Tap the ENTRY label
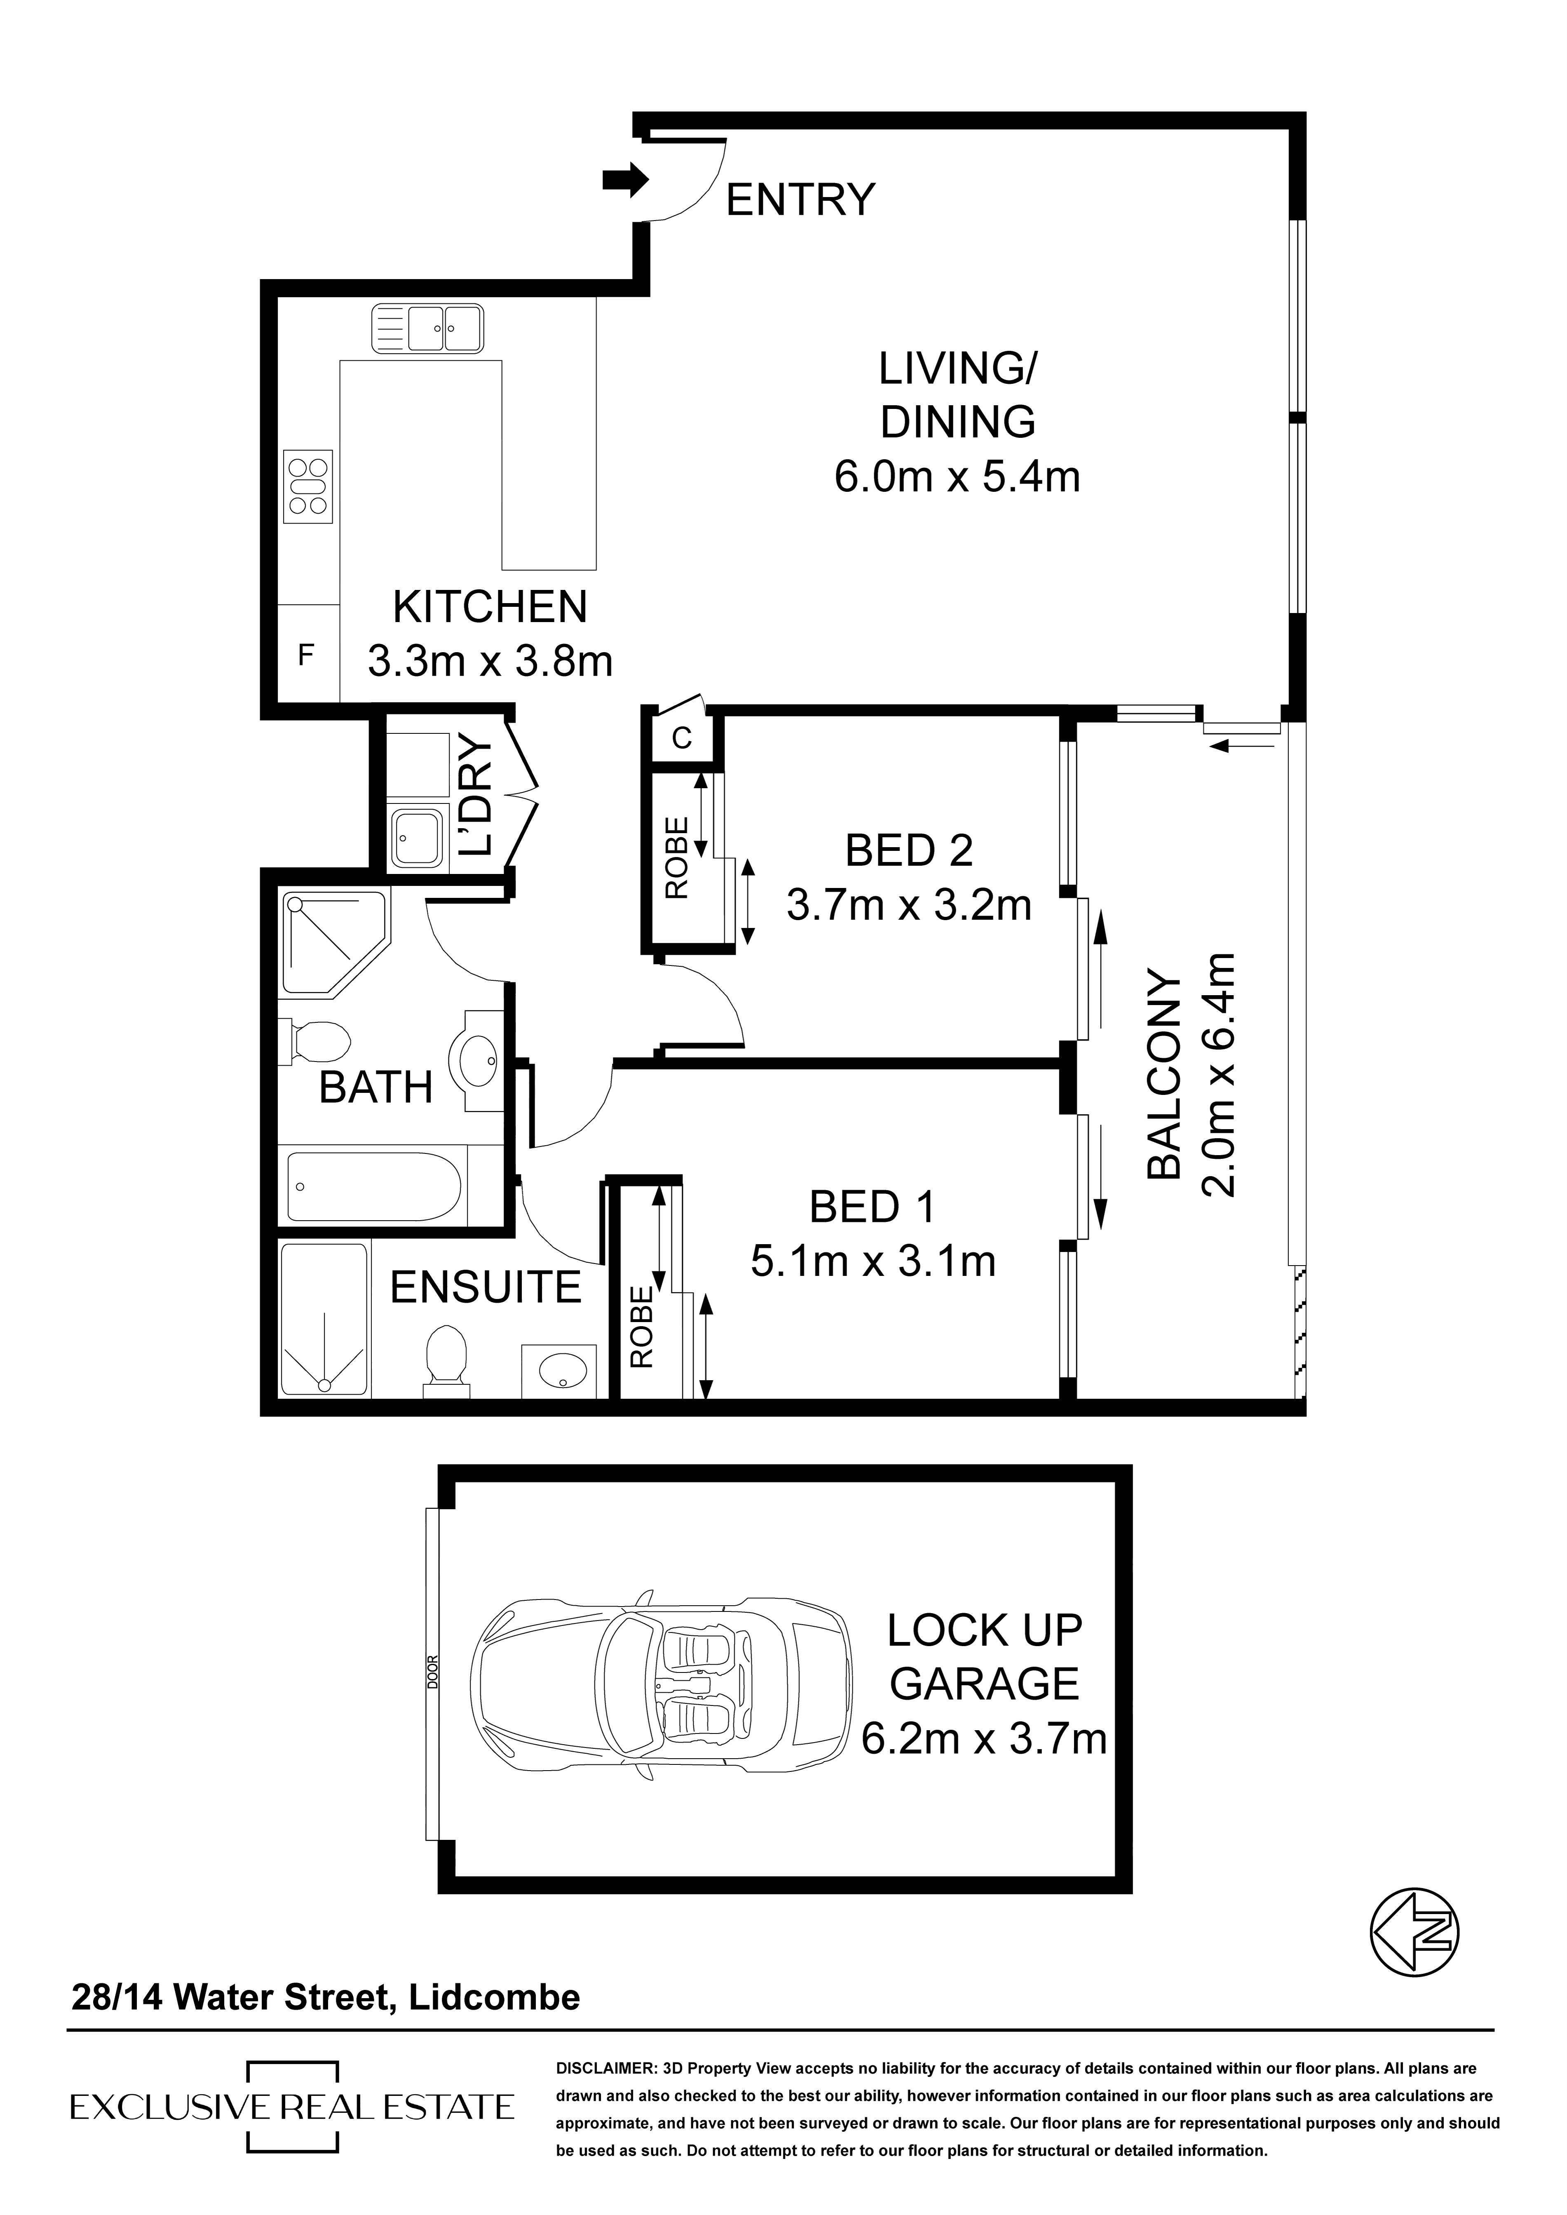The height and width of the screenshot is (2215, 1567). coord(800,200)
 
